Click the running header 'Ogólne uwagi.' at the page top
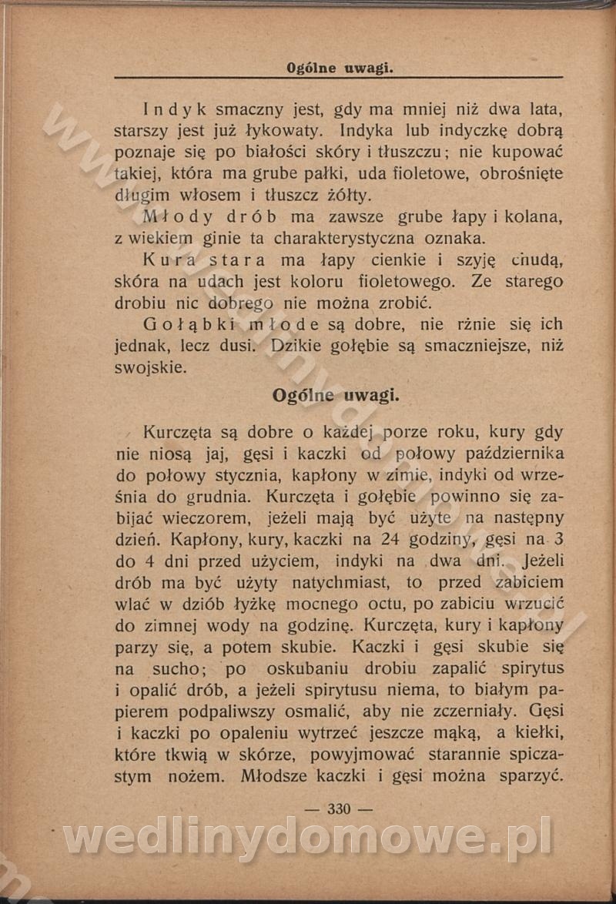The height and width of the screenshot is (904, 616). [x=340, y=68]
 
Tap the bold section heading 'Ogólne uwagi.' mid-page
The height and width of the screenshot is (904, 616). [x=335, y=396]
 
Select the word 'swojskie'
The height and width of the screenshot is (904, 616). [x=150, y=368]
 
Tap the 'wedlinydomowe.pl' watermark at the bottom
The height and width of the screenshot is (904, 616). [x=308, y=837]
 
